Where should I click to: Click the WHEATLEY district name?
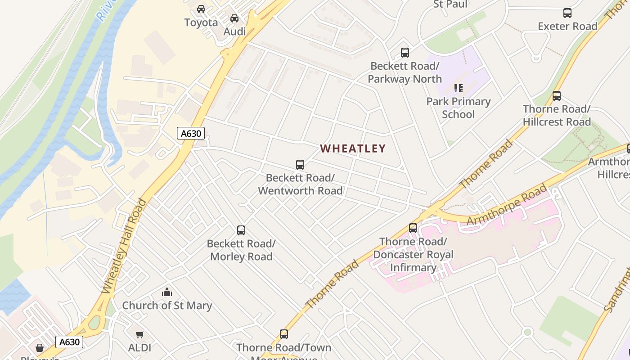(x=353, y=148)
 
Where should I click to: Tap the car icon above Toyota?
(x=201, y=9)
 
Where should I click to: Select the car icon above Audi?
(x=234, y=18)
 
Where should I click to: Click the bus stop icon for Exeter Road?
(x=567, y=13)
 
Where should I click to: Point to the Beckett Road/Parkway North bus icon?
(x=405, y=53)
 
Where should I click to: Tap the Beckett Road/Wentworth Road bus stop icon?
(x=300, y=165)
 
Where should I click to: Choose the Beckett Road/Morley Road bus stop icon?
(x=241, y=230)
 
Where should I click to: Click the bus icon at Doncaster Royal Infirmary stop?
(x=413, y=228)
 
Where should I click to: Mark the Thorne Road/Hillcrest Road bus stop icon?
(x=557, y=96)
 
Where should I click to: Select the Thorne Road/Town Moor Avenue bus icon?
(x=284, y=334)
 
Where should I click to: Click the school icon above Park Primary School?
(x=458, y=88)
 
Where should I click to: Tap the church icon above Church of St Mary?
(x=167, y=292)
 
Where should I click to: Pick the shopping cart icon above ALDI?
(x=140, y=335)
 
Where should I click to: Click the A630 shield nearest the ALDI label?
(x=70, y=342)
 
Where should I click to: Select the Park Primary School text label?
(x=458, y=108)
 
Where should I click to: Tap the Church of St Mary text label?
(x=167, y=306)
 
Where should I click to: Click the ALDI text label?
(x=140, y=348)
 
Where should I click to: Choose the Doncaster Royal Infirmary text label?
(x=413, y=255)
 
